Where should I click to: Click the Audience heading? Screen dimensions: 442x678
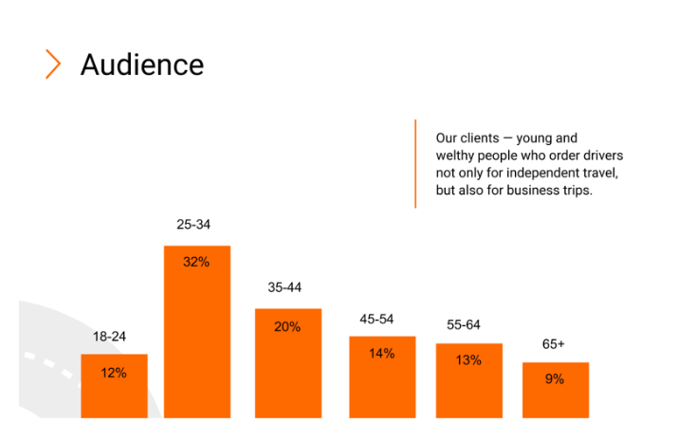tap(142, 64)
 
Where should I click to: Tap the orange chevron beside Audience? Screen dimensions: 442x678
tap(53, 64)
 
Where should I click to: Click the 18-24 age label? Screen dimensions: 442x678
tap(109, 337)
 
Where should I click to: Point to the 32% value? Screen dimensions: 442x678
tap(196, 262)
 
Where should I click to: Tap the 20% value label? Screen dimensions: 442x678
tap(287, 326)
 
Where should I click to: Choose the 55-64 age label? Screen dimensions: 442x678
tap(464, 324)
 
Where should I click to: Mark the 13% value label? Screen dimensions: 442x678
tap(468, 360)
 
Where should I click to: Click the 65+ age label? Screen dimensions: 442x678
tap(554, 344)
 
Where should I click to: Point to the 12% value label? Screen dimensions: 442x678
tap(114, 373)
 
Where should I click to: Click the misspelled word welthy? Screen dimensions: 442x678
tap(456, 155)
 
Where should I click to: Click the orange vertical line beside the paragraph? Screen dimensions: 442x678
tap(415, 163)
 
